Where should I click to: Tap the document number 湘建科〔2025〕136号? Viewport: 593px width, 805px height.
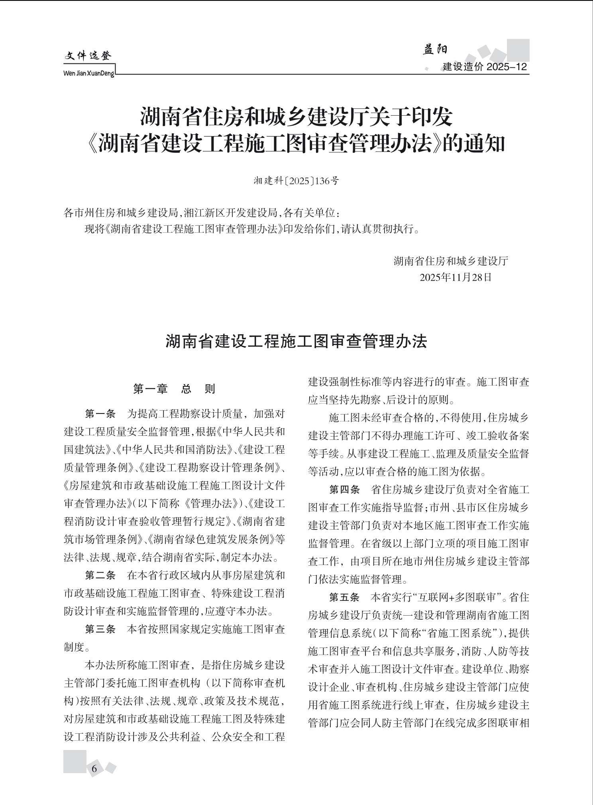296,181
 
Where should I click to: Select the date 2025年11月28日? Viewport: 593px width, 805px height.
456,277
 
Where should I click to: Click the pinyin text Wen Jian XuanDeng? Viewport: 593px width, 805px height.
89,73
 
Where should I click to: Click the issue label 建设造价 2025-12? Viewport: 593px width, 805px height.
485,67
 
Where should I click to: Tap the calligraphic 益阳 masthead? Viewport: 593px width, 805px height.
435,49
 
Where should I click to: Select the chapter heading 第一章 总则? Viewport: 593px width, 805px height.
174,389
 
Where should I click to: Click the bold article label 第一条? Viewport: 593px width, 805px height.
100,414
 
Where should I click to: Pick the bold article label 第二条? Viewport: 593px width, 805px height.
100,575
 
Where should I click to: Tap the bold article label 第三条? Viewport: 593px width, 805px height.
100,629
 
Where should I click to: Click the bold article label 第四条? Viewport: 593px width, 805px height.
345,489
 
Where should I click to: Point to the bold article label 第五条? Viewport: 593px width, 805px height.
345,597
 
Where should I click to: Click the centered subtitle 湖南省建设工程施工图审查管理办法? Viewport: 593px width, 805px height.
296,342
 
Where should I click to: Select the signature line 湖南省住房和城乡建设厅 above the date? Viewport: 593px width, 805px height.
451,261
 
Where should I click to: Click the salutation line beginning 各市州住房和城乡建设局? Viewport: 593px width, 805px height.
202,213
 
